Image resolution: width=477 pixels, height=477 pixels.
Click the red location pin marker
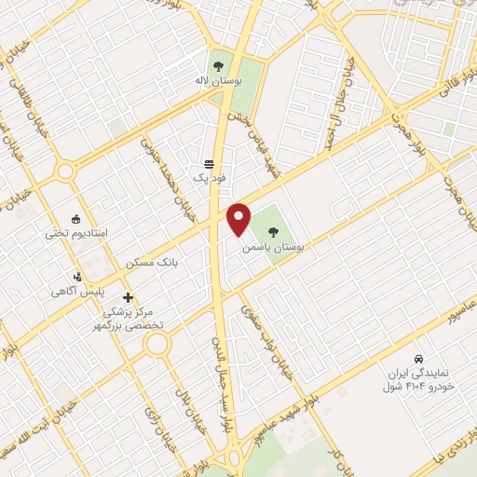point(240,219)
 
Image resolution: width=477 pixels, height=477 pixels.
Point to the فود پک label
point(204,176)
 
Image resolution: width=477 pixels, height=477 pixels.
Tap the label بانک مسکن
point(154,264)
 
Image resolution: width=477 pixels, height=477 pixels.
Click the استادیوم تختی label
point(76,232)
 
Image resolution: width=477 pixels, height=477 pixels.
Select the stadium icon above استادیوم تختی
point(76,216)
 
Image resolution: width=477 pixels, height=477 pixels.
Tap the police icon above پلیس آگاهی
point(79,277)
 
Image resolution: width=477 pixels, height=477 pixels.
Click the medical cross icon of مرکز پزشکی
point(128,297)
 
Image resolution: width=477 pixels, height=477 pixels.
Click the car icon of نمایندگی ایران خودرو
point(418,359)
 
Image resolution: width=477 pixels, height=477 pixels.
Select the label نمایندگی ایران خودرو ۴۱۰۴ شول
point(422,379)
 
